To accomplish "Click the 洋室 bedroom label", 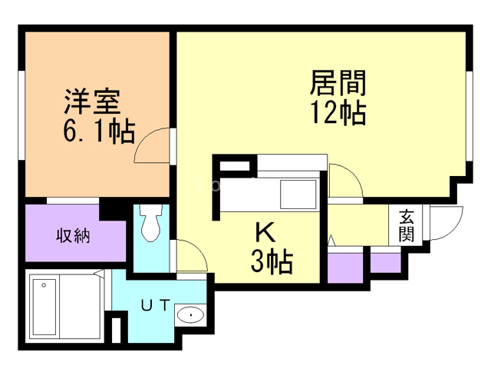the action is (92, 101).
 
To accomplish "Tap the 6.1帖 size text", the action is (99, 131).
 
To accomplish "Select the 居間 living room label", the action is (338, 83).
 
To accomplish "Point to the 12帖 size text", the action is (338, 112).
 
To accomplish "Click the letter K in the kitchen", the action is (265, 232).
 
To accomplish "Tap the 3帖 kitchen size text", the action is (272, 261).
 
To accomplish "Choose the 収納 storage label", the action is (74, 235).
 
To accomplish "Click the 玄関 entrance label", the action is (407, 225).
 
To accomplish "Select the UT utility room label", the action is (156, 305).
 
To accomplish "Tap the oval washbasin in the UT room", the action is (190, 314).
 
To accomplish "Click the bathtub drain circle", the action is (44, 285).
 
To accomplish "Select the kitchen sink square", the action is (298, 194).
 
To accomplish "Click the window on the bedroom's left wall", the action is (21, 115).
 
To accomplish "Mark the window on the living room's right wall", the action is (469, 117).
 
